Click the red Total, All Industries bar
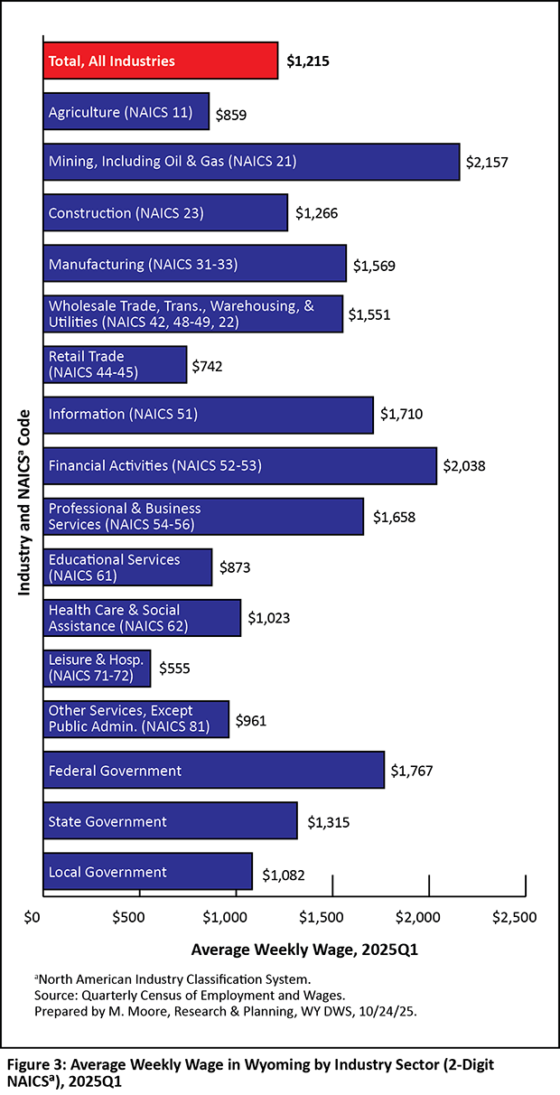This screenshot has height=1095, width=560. point(161,61)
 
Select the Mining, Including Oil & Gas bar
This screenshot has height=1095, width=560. point(251,162)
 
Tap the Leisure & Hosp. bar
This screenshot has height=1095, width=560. point(97,668)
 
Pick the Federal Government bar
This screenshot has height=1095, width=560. point(213,770)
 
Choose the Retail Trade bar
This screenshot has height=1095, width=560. point(115,364)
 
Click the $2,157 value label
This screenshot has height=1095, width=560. point(487,164)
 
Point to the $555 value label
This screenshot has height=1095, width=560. point(175,669)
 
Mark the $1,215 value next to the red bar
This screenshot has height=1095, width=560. point(307,62)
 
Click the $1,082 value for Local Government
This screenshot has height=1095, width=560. point(284,875)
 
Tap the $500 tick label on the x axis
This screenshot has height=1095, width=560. point(139,917)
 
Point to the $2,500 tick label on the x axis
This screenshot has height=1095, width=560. point(515,917)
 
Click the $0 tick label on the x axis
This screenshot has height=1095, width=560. point(34,917)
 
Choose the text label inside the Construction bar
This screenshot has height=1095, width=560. point(126,213)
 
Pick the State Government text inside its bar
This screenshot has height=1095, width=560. point(107,821)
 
